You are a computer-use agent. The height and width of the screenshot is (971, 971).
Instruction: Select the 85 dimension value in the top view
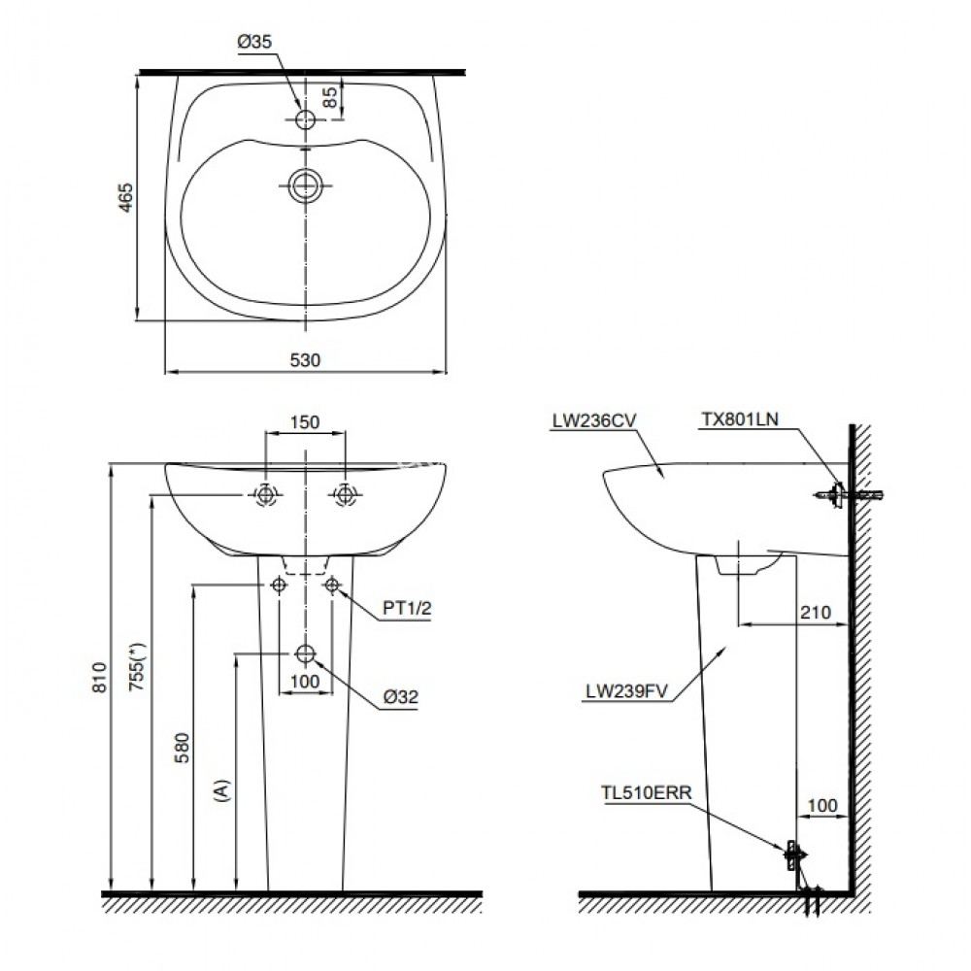[x=329, y=97]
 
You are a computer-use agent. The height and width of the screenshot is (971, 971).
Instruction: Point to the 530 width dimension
[x=305, y=359]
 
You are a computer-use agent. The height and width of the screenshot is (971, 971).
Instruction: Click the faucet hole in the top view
[x=305, y=119]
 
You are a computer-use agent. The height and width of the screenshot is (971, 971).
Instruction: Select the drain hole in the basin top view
[x=305, y=184]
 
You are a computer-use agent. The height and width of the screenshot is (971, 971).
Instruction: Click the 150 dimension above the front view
[x=305, y=422]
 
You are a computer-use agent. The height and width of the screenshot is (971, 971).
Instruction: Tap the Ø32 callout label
[x=401, y=696]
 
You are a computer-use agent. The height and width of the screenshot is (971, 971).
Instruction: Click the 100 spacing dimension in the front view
[x=305, y=682]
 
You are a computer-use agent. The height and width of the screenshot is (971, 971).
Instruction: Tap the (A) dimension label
[x=224, y=788]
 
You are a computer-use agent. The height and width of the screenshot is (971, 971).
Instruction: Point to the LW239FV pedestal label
[x=625, y=692]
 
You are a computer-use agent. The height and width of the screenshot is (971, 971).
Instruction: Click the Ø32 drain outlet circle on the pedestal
[x=305, y=653]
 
